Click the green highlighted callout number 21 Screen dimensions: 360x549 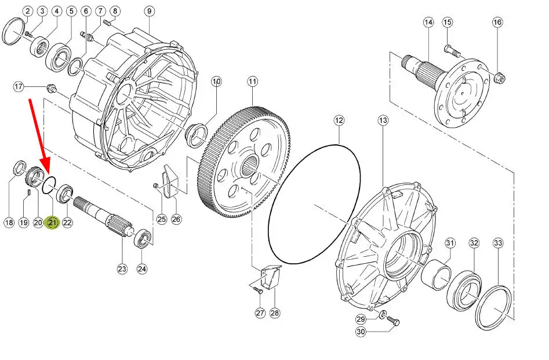[53, 222]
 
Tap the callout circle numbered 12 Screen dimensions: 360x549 [339, 121]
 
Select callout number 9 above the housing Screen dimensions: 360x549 [149, 11]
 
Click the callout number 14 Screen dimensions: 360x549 [428, 23]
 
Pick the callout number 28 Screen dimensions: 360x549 [274, 313]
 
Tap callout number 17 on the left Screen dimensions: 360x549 [19, 87]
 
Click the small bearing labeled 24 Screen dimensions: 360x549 [143, 239]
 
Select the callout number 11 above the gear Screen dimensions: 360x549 [252, 82]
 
